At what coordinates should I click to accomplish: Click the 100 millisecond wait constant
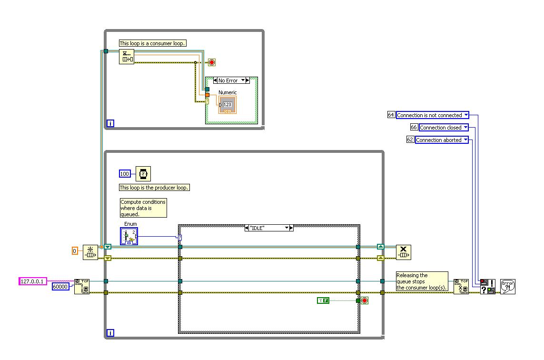[x=125, y=174]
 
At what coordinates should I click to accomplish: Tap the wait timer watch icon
[x=143, y=174]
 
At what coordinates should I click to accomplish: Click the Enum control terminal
[x=129, y=236]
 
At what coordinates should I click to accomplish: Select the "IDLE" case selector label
[x=268, y=228]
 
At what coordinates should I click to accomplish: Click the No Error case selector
[x=231, y=80]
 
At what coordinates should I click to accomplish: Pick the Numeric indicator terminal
[x=227, y=105]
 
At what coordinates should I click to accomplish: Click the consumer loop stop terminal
[x=212, y=62]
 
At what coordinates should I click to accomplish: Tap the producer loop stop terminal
[x=365, y=300]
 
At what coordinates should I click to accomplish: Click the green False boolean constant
[x=323, y=300]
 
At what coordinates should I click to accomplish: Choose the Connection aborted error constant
[x=441, y=140]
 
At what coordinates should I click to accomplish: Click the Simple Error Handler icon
[x=508, y=286]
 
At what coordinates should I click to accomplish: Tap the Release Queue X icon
[x=404, y=252]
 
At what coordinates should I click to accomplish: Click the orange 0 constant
[x=74, y=250]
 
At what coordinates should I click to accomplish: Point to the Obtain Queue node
[x=90, y=252]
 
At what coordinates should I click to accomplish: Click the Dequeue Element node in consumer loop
[x=127, y=56]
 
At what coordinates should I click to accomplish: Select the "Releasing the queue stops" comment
[x=422, y=281]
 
